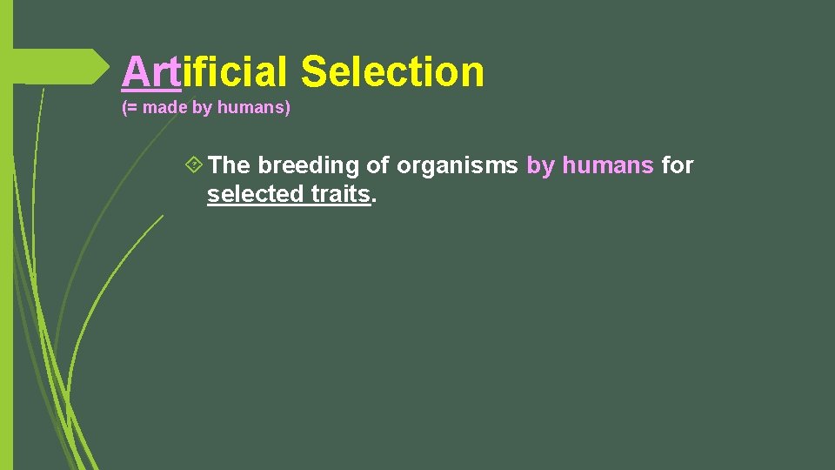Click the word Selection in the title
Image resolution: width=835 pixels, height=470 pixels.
click(392, 71)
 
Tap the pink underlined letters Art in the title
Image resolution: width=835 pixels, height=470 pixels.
click(150, 71)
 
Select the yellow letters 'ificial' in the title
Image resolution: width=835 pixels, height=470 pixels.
click(234, 71)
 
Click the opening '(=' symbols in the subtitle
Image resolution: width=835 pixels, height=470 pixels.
click(130, 109)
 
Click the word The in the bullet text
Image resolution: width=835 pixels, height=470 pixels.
click(230, 164)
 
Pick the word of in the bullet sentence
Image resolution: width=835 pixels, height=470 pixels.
click(377, 164)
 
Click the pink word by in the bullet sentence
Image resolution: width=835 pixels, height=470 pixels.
click(540, 164)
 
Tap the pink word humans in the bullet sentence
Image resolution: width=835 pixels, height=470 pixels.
click(608, 164)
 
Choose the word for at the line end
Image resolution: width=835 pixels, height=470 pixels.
click(678, 164)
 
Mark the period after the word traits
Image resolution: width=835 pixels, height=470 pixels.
click(374, 198)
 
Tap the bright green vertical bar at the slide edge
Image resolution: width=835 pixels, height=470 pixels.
click(6, 261)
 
